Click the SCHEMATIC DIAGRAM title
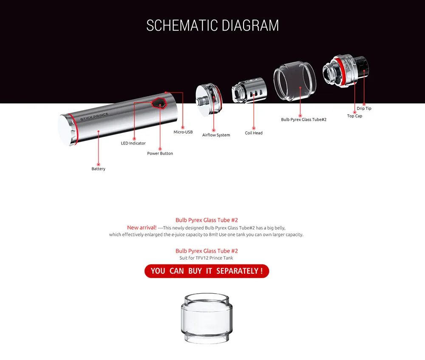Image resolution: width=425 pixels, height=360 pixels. [x=212, y=26]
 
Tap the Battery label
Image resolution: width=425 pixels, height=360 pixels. [x=99, y=169]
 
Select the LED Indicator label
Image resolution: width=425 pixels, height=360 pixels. [x=133, y=143]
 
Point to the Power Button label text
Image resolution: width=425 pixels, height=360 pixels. [x=160, y=153]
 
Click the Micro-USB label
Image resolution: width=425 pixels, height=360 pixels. [x=183, y=132]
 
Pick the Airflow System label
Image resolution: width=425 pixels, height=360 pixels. [x=216, y=135]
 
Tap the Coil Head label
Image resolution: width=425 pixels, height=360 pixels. [x=254, y=133]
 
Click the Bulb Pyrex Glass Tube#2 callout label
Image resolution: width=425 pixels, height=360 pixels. [x=303, y=119]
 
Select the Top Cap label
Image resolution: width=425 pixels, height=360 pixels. [x=354, y=116]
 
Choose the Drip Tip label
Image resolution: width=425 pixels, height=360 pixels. [x=364, y=108]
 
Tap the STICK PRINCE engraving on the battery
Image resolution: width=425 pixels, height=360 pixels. [x=94, y=117]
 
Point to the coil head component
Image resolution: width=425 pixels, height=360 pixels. [x=249, y=90]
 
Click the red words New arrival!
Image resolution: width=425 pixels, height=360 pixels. [x=142, y=227]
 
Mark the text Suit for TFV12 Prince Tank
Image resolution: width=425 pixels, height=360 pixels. [x=206, y=258]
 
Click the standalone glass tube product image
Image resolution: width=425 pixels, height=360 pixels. [x=207, y=318]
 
